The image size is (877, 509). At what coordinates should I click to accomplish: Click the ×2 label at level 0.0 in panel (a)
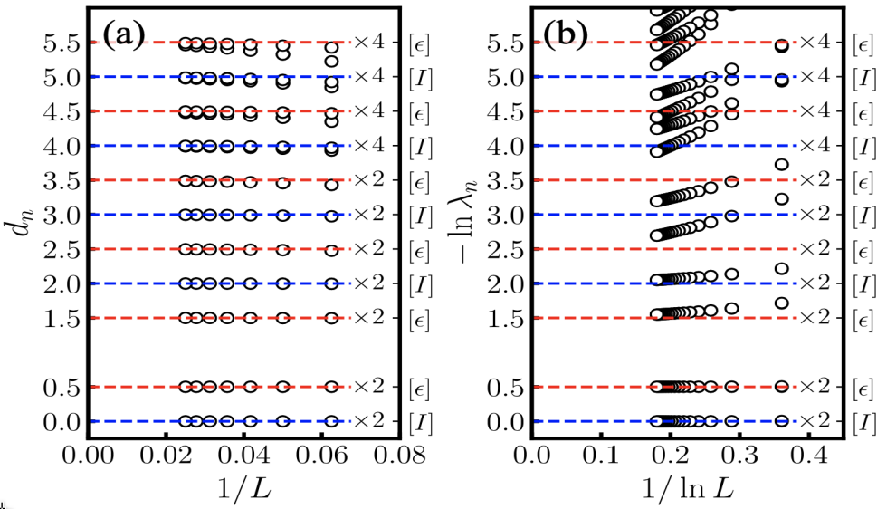click(370, 421)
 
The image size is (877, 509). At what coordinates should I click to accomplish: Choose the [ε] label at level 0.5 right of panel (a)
click(419, 388)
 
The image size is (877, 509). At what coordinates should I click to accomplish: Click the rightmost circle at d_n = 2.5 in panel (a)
click(331, 249)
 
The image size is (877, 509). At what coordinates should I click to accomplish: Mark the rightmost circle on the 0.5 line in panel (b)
click(782, 387)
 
